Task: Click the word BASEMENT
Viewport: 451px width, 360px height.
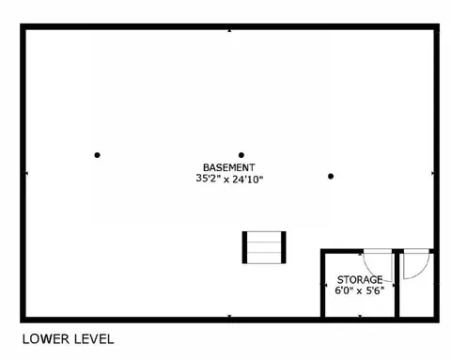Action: (x=229, y=167)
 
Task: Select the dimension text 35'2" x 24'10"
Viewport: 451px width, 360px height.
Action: (x=229, y=179)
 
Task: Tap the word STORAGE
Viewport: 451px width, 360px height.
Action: (x=360, y=279)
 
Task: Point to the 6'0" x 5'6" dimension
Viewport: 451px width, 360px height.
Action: (x=360, y=290)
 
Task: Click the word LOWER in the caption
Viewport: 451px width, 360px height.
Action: (x=45, y=339)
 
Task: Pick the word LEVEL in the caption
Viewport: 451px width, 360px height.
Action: (x=94, y=339)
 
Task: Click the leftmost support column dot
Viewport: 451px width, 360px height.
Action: (x=97, y=155)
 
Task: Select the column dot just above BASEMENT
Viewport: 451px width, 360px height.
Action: (x=241, y=155)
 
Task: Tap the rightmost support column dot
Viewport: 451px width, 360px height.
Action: (x=331, y=177)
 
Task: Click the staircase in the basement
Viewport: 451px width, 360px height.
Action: (x=264, y=247)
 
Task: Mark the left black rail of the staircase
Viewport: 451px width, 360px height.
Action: (x=244, y=247)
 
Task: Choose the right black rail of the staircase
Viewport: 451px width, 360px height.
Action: (x=284, y=247)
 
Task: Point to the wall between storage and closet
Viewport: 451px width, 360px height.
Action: (x=397, y=284)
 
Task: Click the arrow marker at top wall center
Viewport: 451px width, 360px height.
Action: (x=229, y=31)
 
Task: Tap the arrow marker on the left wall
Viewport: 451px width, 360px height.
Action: (x=26, y=173)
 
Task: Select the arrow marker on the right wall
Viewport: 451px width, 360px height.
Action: (x=433, y=173)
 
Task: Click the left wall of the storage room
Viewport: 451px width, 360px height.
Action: (x=322, y=284)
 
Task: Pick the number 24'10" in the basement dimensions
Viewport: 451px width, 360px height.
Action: (x=247, y=179)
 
